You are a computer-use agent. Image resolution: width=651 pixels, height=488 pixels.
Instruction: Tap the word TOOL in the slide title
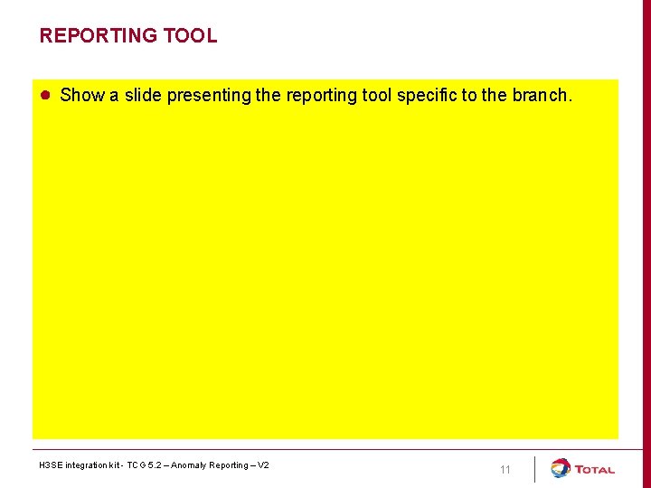tap(190, 36)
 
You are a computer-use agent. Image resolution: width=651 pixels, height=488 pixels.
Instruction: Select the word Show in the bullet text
tap(82, 96)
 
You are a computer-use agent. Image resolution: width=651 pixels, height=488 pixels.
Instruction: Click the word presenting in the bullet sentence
tap(209, 96)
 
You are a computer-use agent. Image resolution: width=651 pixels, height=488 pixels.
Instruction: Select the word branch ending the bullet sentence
tap(541, 96)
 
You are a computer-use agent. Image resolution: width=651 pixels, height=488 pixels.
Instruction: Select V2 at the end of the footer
tap(263, 465)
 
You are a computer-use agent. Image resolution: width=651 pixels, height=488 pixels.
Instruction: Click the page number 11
tap(505, 470)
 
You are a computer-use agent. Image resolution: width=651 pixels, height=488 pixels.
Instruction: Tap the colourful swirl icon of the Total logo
tap(561, 468)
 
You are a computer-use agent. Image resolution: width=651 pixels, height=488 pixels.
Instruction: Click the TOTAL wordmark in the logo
tap(594, 470)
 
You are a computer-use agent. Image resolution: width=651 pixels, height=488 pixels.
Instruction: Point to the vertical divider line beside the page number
tap(534, 469)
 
